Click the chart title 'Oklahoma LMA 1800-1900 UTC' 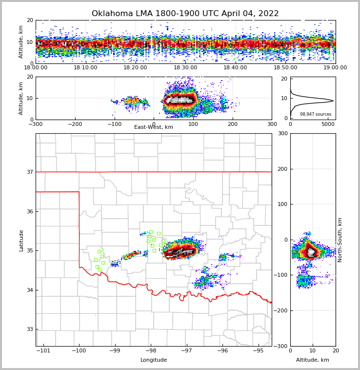point(185,14)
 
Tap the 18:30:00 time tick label point(185,68)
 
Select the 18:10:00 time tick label point(85,68)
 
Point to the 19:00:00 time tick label point(335,68)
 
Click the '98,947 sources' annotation point(316,114)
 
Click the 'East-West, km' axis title point(154,127)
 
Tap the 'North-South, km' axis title point(340,240)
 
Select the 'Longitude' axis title point(154,360)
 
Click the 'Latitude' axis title point(21,240)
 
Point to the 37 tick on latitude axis point(30,172)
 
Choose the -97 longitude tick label point(186,350)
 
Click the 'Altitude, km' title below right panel point(313,360)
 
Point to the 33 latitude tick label point(30,329)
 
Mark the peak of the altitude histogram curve point(333,101)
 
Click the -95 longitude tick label point(258,350)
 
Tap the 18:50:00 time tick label point(285,68)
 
